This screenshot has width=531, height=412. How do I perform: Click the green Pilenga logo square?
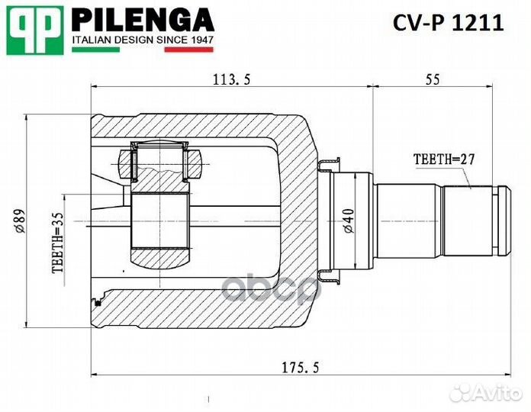tap(34, 30)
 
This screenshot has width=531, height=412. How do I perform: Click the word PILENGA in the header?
tap(143, 18)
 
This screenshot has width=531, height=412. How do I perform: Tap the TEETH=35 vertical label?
tap(56, 243)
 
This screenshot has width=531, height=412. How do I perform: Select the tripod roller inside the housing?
tap(160, 221)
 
